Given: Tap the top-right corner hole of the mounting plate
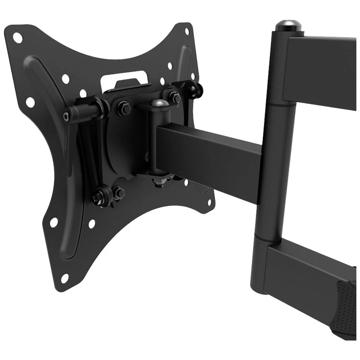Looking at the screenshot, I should pos(187,31).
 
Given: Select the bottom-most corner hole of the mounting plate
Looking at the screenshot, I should pos(65,278).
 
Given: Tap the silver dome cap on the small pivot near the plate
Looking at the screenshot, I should pos(159,104).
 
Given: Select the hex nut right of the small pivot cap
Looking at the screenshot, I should pos(175,98).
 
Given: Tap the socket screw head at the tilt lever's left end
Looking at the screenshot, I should pos(66,116).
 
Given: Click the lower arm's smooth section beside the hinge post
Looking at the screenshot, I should pos(302,270).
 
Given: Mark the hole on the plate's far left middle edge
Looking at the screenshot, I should pos(30,102).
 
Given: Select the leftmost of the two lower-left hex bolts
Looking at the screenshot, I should pos(97,197).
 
